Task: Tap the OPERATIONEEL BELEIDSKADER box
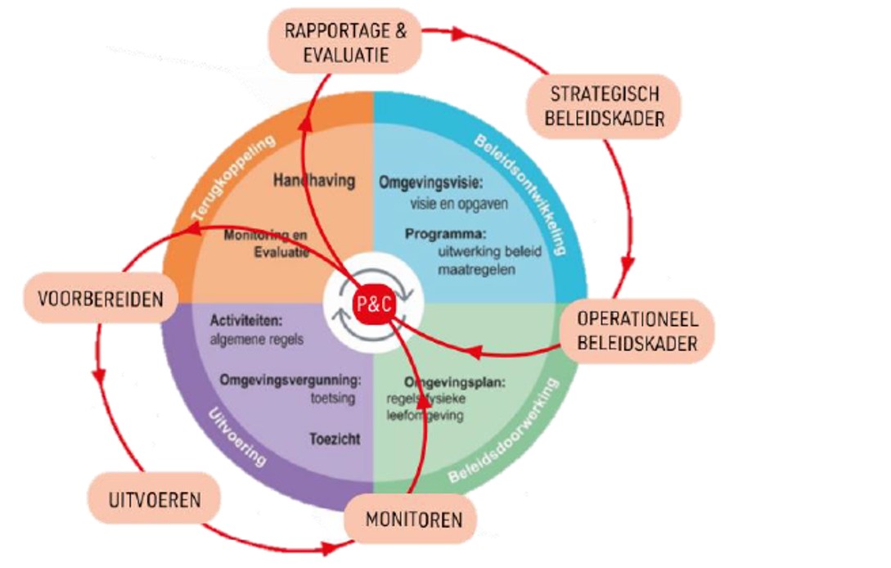point(637,331)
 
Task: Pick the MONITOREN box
point(413,519)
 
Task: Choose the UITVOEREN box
point(155,498)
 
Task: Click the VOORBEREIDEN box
point(101,299)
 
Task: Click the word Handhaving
point(315,181)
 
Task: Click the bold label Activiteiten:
point(246,320)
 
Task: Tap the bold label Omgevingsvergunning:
point(290,380)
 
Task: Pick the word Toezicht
point(335,440)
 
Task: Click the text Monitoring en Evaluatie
point(266,245)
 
